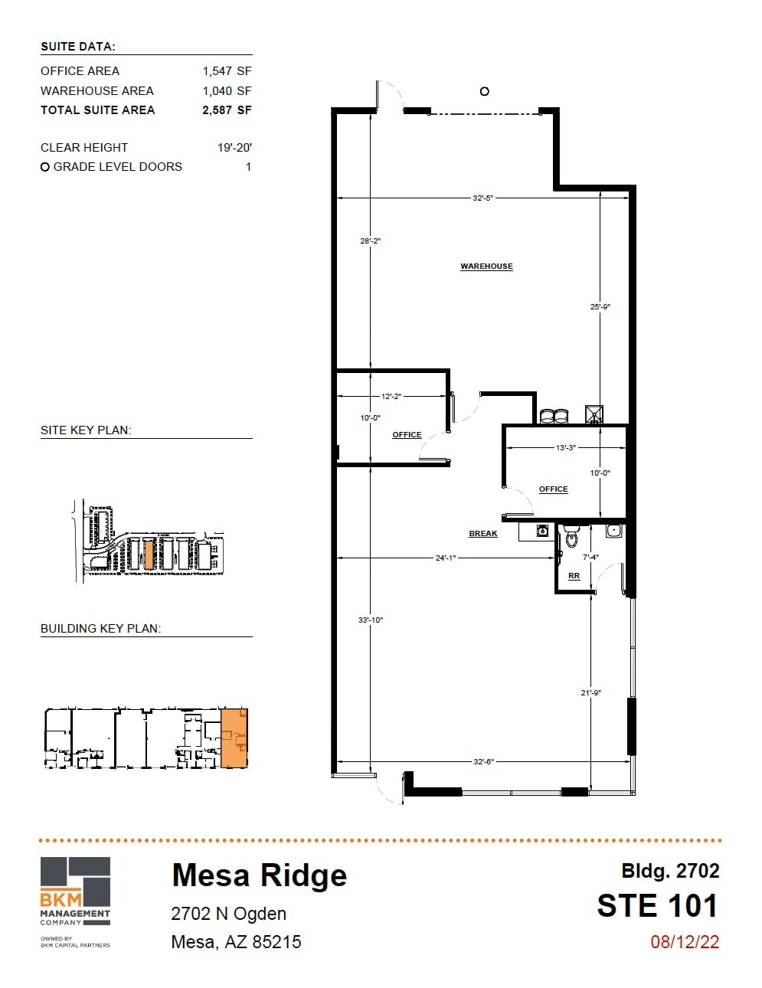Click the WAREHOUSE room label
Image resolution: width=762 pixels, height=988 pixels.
pyautogui.click(x=486, y=267)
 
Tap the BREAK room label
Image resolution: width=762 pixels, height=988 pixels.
pyautogui.click(x=483, y=534)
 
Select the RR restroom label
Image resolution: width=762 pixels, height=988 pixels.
pyautogui.click(x=574, y=576)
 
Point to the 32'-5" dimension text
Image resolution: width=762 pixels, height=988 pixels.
pyautogui.click(x=483, y=198)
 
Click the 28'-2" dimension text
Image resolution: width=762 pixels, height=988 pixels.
pyautogui.click(x=371, y=241)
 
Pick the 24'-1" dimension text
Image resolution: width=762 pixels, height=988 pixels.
pyautogui.click(x=446, y=558)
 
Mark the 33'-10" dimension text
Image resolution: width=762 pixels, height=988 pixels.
pyautogui.click(x=371, y=620)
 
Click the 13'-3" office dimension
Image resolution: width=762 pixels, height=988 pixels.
pyautogui.click(x=566, y=448)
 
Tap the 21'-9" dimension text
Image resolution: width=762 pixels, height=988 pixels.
pyautogui.click(x=590, y=693)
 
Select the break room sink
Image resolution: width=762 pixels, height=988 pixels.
pyautogui.click(x=543, y=530)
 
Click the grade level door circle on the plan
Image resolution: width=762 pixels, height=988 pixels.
pyautogui.click(x=484, y=91)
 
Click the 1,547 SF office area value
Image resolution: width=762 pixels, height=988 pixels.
pyautogui.click(x=227, y=71)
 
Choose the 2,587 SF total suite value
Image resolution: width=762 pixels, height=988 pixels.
pyautogui.click(x=227, y=110)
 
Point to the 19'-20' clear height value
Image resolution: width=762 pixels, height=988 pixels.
pyautogui.click(x=234, y=148)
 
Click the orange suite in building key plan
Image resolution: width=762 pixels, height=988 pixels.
pyautogui.click(x=234, y=738)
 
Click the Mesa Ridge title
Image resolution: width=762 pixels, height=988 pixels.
pyautogui.click(x=259, y=875)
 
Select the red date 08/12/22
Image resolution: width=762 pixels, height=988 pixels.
pyautogui.click(x=685, y=942)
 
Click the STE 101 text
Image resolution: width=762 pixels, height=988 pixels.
pyautogui.click(x=658, y=906)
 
